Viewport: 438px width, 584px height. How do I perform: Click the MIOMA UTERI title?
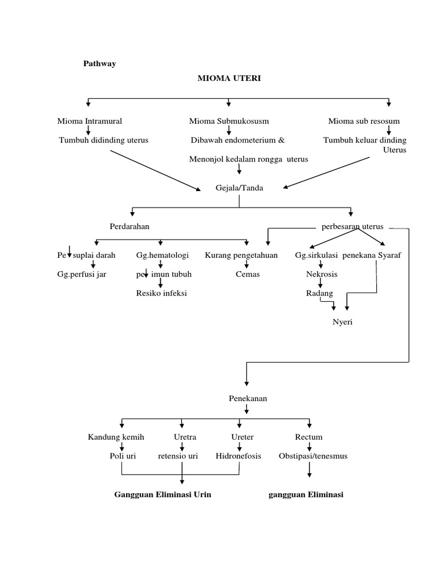(229, 78)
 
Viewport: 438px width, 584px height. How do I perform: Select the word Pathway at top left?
(100, 63)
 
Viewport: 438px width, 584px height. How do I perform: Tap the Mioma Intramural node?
(90, 121)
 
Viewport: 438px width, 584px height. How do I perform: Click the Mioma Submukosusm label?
(229, 121)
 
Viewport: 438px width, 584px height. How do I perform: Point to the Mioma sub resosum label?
(364, 121)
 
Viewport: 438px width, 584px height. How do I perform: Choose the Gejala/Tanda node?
(239, 188)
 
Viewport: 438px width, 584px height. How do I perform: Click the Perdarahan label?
(129, 226)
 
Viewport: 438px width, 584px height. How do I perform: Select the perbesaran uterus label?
(352, 226)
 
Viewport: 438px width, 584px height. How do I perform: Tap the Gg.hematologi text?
(163, 255)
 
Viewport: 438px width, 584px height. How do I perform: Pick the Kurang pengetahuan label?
(241, 255)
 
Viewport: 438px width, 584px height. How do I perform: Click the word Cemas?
(248, 274)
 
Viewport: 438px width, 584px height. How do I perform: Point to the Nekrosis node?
(322, 274)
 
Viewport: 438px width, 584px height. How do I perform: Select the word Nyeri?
(343, 322)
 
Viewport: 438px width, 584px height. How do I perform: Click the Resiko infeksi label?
(161, 293)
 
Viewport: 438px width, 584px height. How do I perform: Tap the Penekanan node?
(246, 399)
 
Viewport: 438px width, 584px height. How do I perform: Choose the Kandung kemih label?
(116, 437)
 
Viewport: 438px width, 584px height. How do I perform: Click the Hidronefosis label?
(238, 456)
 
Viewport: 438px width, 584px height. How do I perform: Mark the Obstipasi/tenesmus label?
(313, 456)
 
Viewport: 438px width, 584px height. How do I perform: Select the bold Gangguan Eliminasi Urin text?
(163, 494)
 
